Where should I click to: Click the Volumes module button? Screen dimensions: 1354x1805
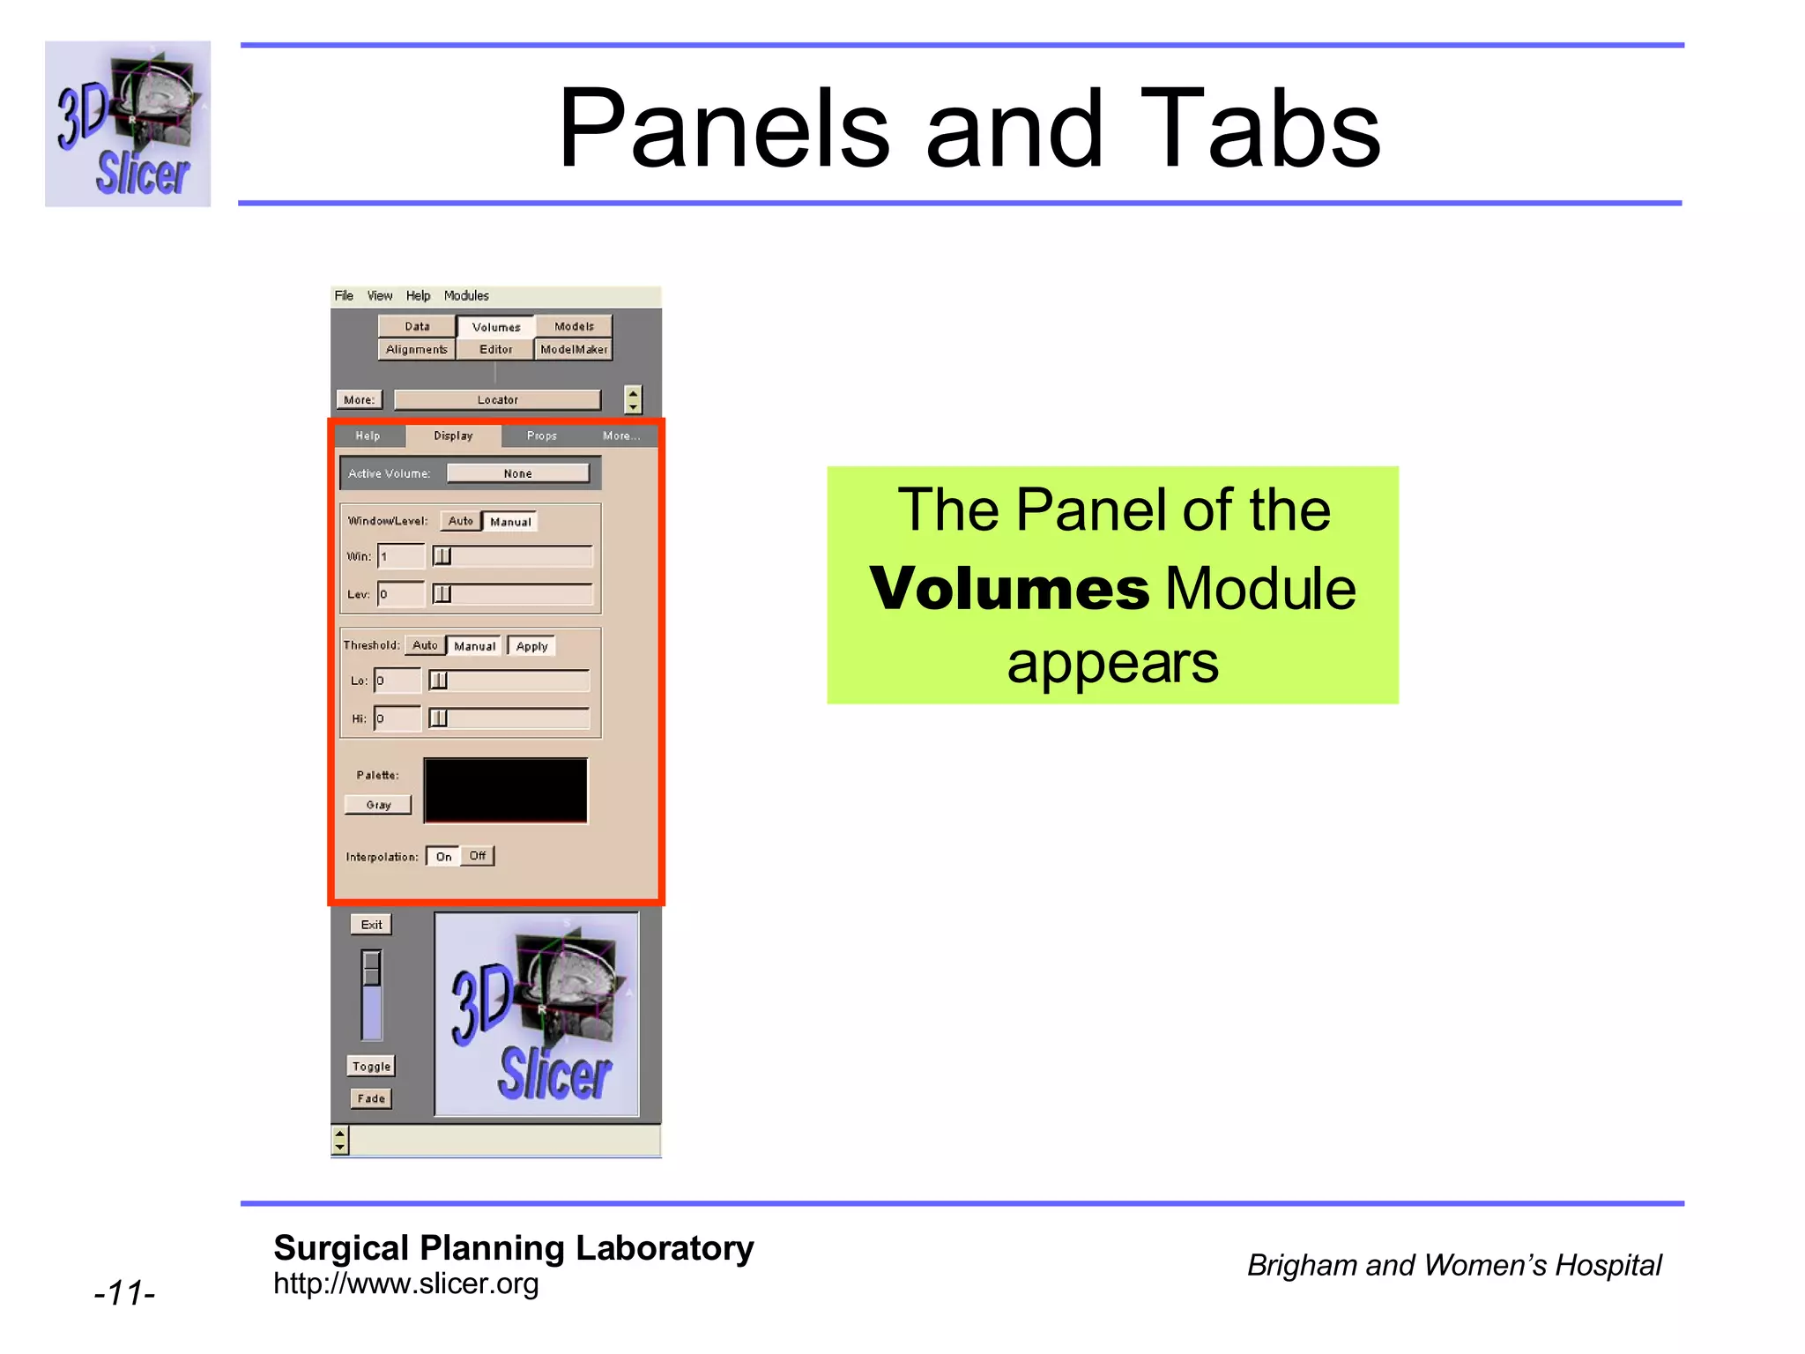click(x=495, y=327)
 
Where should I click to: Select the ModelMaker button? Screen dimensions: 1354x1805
click(x=574, y=350)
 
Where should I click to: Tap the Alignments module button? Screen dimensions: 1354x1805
click(x=417, y=350)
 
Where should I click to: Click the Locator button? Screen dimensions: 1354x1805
click(x=497, y=400)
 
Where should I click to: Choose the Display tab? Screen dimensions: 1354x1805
click(x=453, y=436)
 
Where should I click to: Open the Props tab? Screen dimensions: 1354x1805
click(x=541, y=436)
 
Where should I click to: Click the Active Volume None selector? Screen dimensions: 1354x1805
click(x=517, y=473)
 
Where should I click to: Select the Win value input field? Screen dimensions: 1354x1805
click(x=401, y=556)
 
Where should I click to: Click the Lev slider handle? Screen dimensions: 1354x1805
click(x=442, y=594)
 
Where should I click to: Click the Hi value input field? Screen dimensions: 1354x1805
click(x=397, y=718)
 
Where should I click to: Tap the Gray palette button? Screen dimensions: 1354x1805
click(x=378, y=805)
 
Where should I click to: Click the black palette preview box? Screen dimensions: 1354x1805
click(x=505, y=791)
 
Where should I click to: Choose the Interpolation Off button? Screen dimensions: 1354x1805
click(x=477, y=856)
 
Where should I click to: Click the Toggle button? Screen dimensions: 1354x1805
click(x=371, y=1067)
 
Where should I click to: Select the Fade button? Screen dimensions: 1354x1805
click(x=371, y=1099)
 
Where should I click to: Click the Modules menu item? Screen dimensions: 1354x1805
click(x=465, y=296)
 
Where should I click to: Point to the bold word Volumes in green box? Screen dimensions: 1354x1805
click(x=1009, y=589)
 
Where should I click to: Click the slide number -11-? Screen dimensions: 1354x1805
click(x=125, y=1293)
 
